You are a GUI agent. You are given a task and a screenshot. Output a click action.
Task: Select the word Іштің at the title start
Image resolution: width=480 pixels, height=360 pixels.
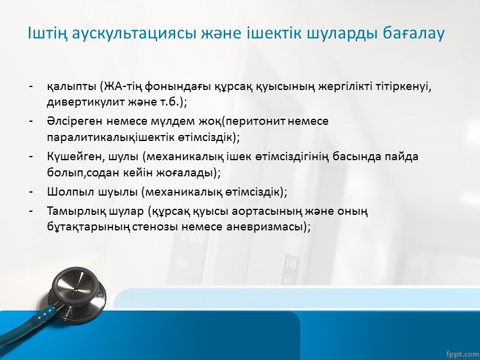click(x=44, y=34)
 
